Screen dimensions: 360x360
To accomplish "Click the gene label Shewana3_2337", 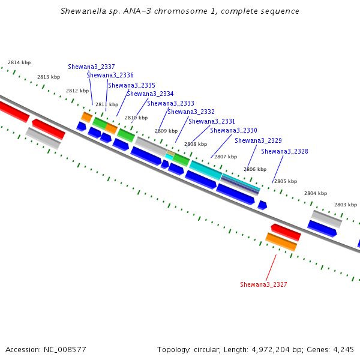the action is coord(91,67).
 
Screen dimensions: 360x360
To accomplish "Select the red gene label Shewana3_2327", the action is coord(263,284).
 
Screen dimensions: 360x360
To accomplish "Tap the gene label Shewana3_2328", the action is coord(284,151).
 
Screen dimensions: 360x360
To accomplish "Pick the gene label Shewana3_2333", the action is coord(170,103).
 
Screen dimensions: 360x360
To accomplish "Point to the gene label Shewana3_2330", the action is coord(234,130).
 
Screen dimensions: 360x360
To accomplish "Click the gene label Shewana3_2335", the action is coord(131,85).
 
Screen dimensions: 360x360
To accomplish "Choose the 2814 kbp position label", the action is coord(19,62).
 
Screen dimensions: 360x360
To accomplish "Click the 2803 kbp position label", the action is coord(346,205).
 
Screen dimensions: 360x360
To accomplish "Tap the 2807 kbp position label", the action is coord(226,157).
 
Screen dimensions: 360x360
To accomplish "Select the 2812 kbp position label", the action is coord(77,91).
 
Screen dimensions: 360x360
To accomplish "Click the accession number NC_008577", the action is coord(65,350).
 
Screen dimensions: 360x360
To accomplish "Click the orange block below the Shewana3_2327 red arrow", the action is coord(281,242).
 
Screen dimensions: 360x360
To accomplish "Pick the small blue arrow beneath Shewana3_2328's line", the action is coord(262,205).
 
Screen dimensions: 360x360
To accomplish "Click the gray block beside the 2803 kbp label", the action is coord(326,219).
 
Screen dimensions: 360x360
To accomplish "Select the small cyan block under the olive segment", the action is coord(169,157).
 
